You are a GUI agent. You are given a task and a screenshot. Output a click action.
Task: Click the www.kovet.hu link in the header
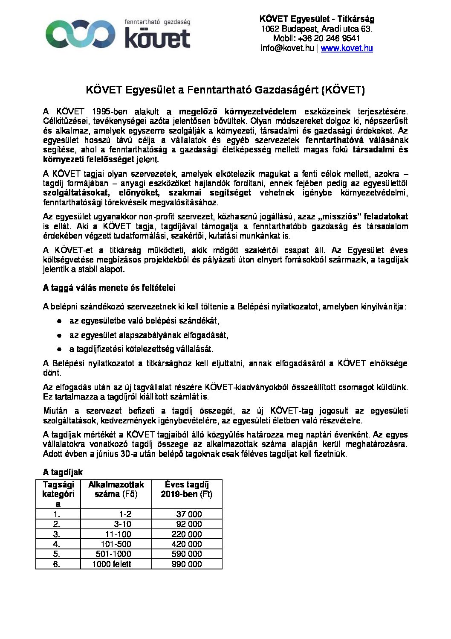347,48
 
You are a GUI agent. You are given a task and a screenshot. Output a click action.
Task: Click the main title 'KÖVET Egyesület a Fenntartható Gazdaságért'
225,90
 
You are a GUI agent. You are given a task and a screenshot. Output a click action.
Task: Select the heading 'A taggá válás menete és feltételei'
109,288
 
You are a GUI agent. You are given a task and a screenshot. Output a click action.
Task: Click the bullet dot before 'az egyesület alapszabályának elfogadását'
60,335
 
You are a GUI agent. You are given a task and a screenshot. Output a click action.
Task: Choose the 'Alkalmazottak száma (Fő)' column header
116,489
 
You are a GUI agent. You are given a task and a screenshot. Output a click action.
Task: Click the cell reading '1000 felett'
112,564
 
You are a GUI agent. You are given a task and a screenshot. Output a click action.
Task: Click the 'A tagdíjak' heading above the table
63,472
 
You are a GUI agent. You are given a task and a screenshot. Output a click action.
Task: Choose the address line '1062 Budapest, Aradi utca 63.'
317,29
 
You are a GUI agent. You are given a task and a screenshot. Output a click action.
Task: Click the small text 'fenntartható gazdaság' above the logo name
157,21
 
